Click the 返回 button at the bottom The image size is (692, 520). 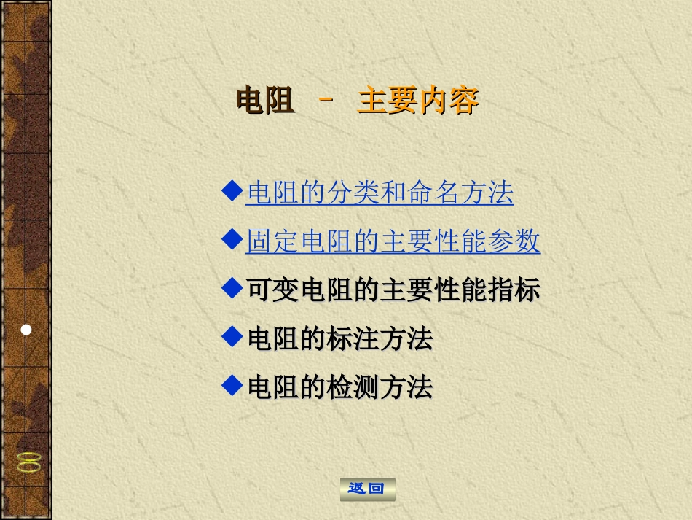tap(367, 489)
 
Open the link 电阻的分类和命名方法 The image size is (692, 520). tap(380, 193)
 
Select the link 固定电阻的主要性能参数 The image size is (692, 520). tap(393, 241)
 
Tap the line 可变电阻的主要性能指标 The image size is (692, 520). tap(393, 290)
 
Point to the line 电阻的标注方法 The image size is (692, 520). tap(339, 338)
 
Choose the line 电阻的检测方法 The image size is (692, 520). tap(339, 387)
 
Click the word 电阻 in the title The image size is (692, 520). tap(265, 101)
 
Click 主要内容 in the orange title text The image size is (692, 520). tap(418, 101)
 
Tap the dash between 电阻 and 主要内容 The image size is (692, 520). tap(326, 100)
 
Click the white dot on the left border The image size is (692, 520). tap(26, 330)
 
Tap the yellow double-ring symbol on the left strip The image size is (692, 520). tap(28, 462)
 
